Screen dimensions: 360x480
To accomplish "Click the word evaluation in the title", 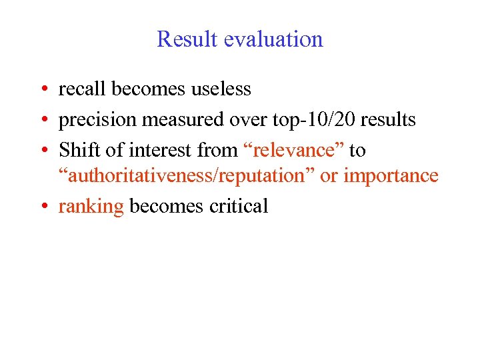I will click(273, 39).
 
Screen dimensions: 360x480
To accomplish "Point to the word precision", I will click(98, 120).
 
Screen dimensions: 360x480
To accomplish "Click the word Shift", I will click(77, 151).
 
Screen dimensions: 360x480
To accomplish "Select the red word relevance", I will click(293, 151).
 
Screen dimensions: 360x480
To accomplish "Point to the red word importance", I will click(391, 175).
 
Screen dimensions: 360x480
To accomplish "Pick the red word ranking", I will click(91, 207).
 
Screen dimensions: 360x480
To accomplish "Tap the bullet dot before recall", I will click(42, 89).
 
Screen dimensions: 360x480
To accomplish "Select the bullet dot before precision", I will click(42, 121).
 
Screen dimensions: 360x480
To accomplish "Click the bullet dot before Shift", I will click(42, 151).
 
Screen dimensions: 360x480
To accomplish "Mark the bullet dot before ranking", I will click(42, 207).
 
